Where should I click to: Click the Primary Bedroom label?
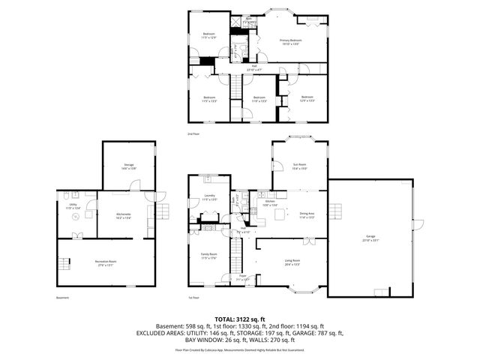point(290,42)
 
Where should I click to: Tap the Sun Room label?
point(299,166)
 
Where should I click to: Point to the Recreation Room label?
point(105,262)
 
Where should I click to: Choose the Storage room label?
point(129,166)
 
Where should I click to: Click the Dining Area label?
point(307,215)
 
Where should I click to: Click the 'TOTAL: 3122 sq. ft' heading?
point(239,318)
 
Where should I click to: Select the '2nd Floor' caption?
point(193,134)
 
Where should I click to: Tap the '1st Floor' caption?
point(193,298)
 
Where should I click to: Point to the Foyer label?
point(243,277)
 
